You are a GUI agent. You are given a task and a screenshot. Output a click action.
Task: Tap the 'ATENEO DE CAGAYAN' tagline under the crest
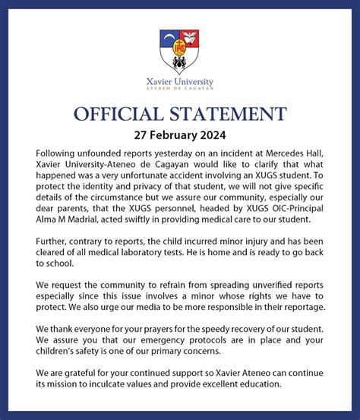point(179,90)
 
